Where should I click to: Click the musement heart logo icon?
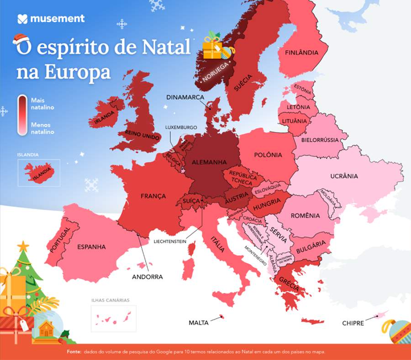tap(23, 19)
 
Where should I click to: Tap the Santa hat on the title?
tap(20, 40)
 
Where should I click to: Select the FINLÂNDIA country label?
tap(301, 53)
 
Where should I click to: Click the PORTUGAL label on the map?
tap(57, 239)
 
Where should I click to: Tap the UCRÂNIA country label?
tap(344, 176)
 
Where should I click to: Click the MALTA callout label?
tap(199, 323)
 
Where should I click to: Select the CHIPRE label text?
tap(353, 323)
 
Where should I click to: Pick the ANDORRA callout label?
tap(147, 276)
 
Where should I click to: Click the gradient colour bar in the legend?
tap(22, 115)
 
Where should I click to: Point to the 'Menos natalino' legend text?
tap(42, 128)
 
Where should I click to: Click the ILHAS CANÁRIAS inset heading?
tap(110, 300)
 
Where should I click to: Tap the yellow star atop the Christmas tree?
tap(23, 246)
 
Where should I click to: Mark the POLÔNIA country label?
tap(268, 155)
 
